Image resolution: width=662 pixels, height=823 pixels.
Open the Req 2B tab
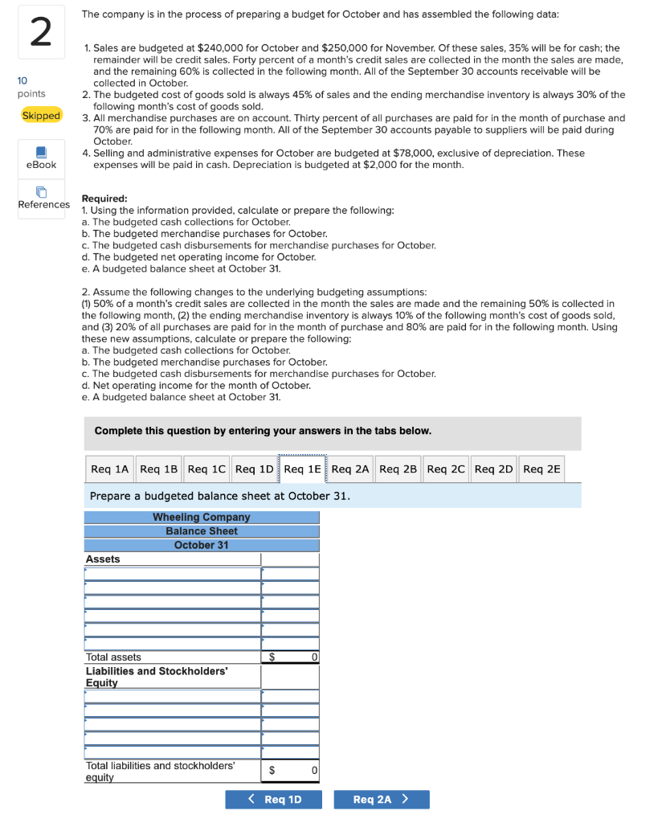coord(398,469)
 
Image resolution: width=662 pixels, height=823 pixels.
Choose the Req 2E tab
coord(541,469)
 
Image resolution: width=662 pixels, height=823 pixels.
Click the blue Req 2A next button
coord(381,799)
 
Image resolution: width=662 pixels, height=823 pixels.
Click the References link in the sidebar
coord(43,198)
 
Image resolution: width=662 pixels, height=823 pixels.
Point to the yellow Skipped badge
coord(41,116)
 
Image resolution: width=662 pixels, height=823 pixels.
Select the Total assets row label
coord(113,657)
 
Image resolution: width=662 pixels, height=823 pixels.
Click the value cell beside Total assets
coord(290,657)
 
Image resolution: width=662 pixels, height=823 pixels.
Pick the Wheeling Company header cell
coord(202,517)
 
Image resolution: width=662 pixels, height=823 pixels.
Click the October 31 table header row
coord(202,545)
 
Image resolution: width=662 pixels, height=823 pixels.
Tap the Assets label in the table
coord(103,559)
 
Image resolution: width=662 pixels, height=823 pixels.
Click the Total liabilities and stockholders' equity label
coord(160,771)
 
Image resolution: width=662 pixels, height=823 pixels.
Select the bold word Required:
coord(104,199)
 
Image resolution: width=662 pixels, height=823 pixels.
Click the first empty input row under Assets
coord(172,574)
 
